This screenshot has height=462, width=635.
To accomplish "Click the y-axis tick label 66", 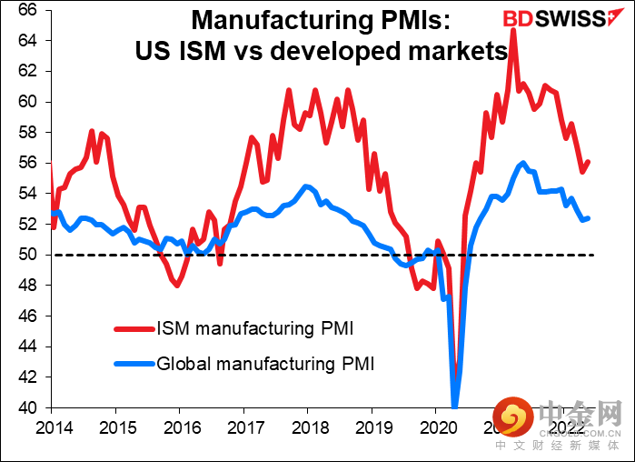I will point(26,10).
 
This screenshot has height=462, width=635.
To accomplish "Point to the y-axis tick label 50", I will point(26,255).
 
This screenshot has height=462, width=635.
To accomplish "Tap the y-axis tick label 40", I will point(26,407).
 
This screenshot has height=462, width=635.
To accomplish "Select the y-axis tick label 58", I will point(26,133).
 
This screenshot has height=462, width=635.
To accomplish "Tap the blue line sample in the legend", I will point(133,364).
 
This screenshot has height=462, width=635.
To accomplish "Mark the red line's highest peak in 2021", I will point(514,30).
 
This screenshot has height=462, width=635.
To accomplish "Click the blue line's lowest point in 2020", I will point(454,406).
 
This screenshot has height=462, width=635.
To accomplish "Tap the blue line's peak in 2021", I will point(522,164).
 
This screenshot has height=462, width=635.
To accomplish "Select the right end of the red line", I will point(589,162).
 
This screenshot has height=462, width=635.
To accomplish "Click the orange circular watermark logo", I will point(511,419).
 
